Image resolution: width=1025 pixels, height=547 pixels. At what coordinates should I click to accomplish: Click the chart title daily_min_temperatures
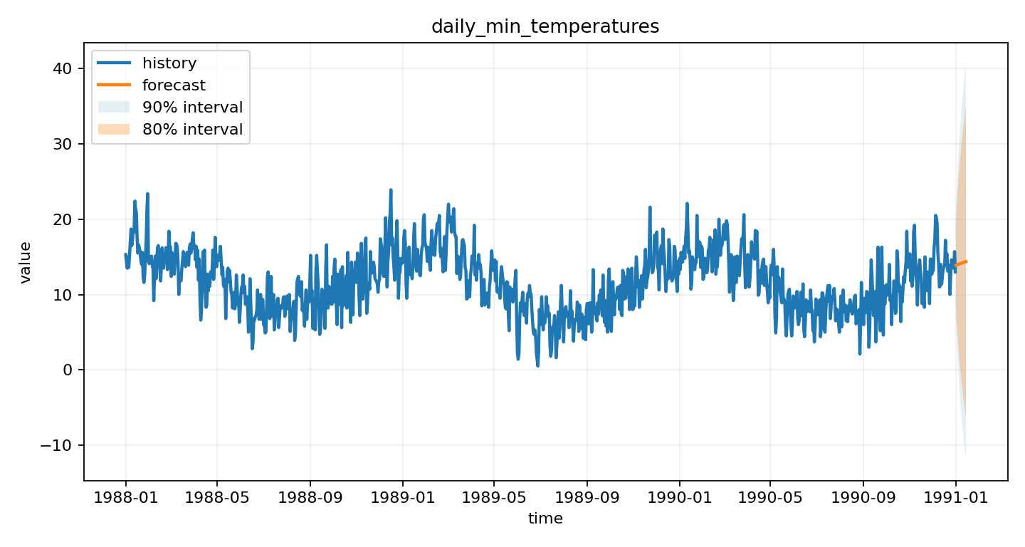point(545,27)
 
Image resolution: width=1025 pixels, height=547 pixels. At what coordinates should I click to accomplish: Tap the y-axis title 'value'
point(26,262)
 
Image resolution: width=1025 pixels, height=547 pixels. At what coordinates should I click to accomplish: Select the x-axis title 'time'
point(545,519)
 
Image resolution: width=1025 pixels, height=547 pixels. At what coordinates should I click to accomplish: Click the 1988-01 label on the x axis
point(126,496)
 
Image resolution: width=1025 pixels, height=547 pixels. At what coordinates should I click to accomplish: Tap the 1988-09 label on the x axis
point(310,496)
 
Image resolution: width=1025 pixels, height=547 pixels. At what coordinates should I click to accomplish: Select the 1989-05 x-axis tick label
point(494,496)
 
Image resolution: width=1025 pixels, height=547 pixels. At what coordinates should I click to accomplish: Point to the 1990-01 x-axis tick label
point(679,496)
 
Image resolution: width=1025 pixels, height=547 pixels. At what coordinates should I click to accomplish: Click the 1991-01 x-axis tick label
point(955,496)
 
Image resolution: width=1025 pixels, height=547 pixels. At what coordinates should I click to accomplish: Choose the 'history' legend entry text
point(169,63)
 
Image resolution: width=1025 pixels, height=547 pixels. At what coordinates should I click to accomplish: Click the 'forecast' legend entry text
point(174,85)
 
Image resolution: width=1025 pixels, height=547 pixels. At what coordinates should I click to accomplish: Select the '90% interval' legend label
point(192,108)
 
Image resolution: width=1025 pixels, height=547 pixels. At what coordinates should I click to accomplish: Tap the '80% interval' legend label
point(192,130)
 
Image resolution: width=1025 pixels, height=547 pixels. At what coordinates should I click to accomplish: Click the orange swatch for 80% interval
point(114,130)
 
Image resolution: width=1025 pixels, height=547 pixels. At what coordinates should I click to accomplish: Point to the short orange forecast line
point(961,264)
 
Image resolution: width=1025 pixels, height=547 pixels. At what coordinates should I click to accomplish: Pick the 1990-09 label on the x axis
point(863,496)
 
